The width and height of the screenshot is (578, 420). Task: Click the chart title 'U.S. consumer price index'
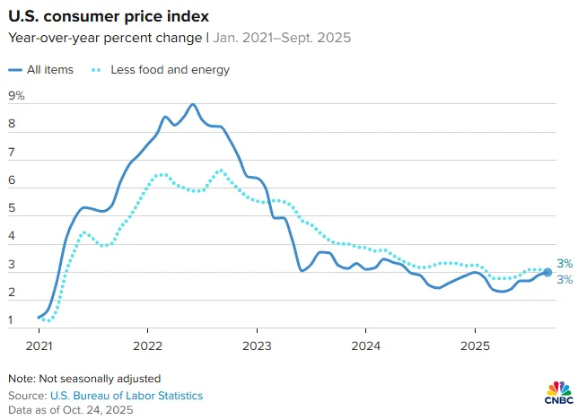click(x=109, y=16)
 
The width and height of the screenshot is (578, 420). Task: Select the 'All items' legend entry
click(x=40, y=70)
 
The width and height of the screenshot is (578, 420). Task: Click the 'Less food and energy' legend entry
click(x=161, y=70)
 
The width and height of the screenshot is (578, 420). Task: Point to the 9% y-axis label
click(x=16, y=96)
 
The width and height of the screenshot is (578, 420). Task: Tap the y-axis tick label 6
click(x=12, y=180)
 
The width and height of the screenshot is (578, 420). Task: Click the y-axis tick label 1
click(x=11, y=320)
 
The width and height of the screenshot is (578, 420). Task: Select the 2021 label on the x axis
click(x=39, y=346)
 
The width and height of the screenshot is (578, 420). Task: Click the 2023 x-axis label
click(x=257, y=346)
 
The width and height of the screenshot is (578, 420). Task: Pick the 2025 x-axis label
click(x=475, y=346)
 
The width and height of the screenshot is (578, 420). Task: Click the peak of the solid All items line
click(x=192, y=104)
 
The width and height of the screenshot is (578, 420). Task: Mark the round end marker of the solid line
click(x=547, y=272)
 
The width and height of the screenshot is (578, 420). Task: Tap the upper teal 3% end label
click(x=565, y=263)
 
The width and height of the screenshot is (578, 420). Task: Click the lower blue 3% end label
click(x=565, y=279)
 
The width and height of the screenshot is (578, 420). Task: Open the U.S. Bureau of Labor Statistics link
click(x=127, y=396)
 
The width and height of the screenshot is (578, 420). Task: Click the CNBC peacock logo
click(x=559, y=392)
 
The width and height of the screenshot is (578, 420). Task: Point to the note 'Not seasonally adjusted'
click(x=100, y=379)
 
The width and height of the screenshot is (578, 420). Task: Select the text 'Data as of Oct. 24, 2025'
click(x=70, y=410)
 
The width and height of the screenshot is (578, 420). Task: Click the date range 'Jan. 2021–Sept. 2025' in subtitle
click(x=282, y=38)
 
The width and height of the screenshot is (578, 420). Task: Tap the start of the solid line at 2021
click(x=39, y=317)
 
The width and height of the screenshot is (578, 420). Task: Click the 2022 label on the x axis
click(x=147, y=346)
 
